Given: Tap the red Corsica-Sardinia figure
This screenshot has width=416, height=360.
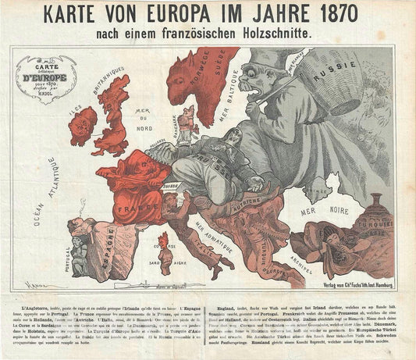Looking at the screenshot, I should point(164,251).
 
